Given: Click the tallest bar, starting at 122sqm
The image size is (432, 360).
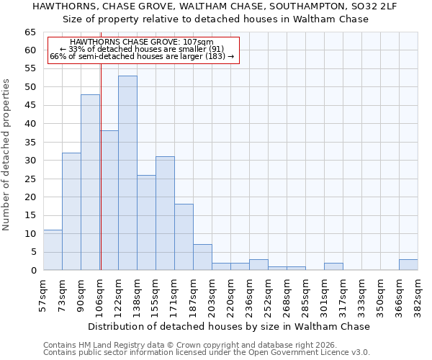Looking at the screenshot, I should point(127,173).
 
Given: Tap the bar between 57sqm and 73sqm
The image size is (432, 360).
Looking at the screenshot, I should point(53,250).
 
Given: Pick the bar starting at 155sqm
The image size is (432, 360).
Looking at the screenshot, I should point(165,213).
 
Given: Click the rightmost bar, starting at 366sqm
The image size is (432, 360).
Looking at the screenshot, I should point(408,264).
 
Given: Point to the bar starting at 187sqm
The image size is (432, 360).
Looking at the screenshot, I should point(202,257).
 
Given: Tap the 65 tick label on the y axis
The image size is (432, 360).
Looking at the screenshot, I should point(31,32).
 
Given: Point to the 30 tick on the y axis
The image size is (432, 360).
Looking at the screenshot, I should point(31,161).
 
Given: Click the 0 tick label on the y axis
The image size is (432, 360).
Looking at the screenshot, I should point(34,271).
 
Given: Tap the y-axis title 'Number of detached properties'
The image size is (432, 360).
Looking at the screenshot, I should point(7,155).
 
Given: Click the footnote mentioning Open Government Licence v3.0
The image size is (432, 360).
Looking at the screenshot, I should point(207,352).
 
